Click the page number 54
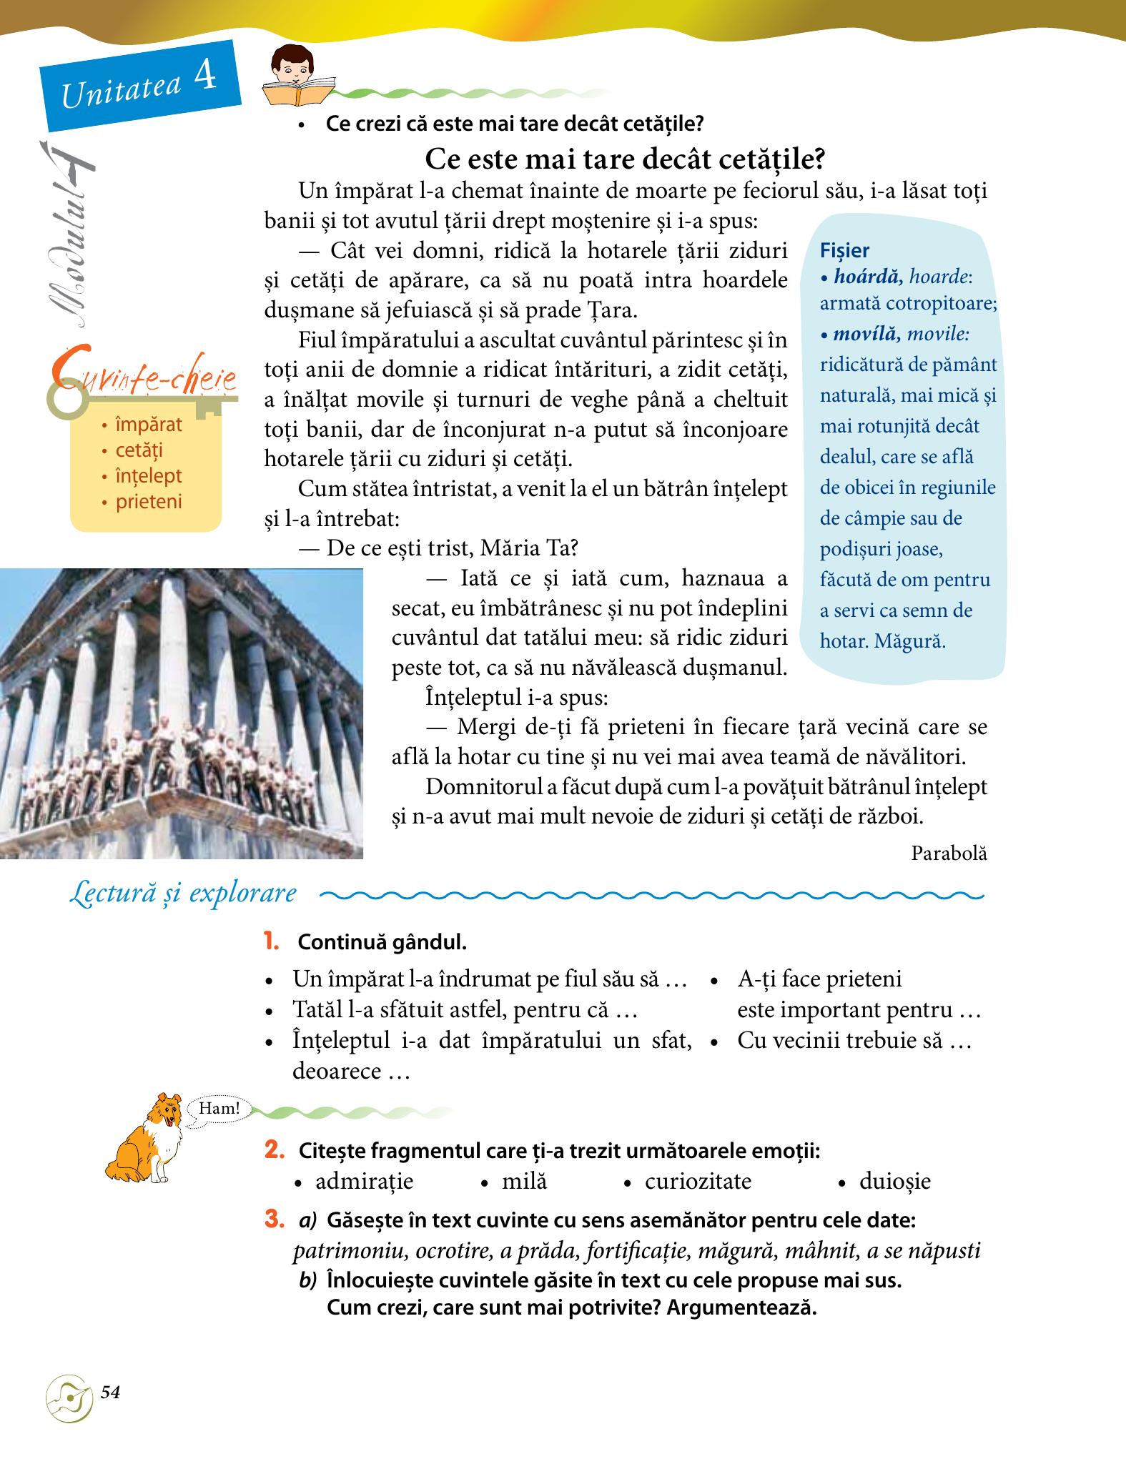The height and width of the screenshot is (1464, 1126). click(x=110, y=1392)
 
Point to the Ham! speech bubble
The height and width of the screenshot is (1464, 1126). click(x=219, y=1109)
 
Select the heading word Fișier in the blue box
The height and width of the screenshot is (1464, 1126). click(x=845, y=250)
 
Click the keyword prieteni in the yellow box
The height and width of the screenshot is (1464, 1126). click(x=149, y=502)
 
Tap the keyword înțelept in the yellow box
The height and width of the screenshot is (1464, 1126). click(x=149, y=476)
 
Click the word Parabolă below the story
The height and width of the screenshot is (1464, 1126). click(x=949, y=853)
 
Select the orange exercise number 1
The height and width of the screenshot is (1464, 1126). click(x=271, y=941)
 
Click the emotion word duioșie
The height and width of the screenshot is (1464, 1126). click(x=895, y=1181)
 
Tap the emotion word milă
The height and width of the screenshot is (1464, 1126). click(x=524, y=1181)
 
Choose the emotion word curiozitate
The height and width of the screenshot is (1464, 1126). click(x=698, y=1181)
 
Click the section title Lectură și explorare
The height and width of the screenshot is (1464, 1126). click(x=183, y=894)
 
